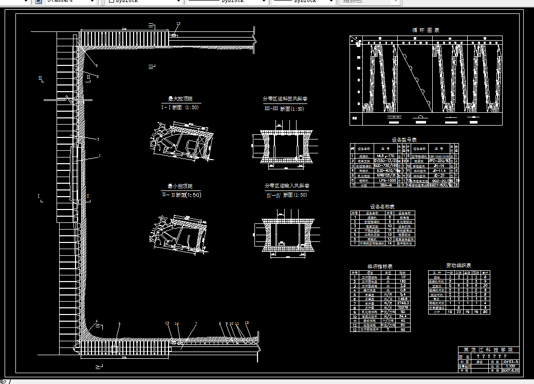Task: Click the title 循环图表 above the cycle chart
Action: tap(426, 30)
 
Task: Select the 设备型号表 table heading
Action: tap(404, 139)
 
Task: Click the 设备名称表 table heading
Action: tap(383, 206)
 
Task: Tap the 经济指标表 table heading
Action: tap(380, 266)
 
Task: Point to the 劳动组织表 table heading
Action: tap(459, 266)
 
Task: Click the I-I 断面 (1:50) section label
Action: tap(180, 108)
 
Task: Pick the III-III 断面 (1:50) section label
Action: tap(284, 109)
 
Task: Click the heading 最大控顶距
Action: tap(180, 99)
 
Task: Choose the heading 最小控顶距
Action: tap(180, 186)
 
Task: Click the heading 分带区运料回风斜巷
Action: tap(285, 99)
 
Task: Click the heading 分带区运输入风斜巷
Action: tap(286, 186)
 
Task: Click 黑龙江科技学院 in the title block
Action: tap(489, 350)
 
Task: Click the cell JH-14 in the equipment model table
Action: tap(438, 166)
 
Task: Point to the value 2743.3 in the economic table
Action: tap(402, 303)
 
